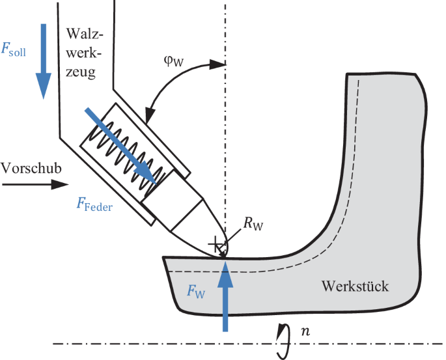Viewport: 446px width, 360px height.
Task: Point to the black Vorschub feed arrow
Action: (32, 184)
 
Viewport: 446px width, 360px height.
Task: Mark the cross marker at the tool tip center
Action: (215, 246)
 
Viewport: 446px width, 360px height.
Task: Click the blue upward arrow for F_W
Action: (225, 293)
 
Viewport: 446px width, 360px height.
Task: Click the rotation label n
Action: (303, 333)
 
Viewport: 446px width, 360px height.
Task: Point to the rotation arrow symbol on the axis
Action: (282, 342)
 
